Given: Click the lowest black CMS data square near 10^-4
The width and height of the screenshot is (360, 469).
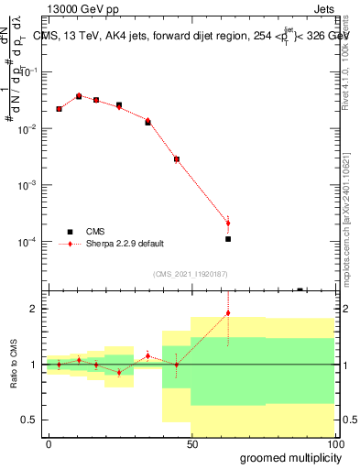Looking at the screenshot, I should tap(228, 239).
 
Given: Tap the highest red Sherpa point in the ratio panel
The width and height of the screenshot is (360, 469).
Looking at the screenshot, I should tap(228, 313).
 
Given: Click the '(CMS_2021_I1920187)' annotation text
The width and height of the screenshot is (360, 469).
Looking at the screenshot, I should tap(189, 273).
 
